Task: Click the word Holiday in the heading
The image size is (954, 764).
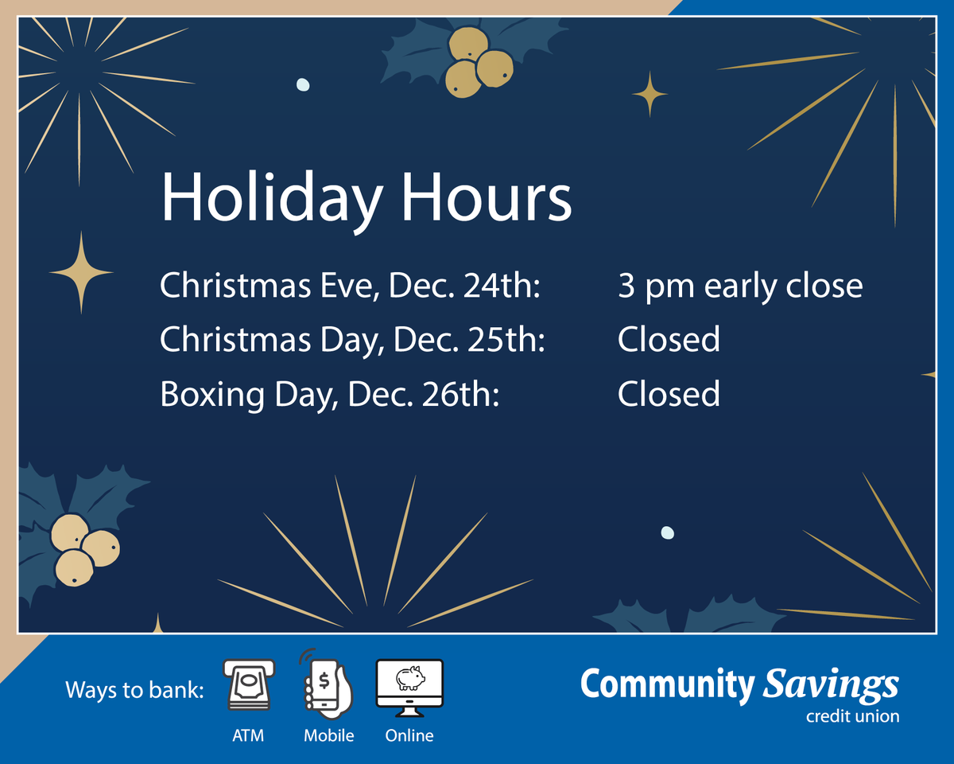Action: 271,200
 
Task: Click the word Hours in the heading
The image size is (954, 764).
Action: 487,197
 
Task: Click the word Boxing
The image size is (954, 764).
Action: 212,396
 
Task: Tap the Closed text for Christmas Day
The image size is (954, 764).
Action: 669,339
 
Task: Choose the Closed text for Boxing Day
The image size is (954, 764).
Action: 669,394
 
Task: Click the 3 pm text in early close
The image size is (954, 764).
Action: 656,287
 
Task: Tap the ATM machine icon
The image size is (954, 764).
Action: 249,685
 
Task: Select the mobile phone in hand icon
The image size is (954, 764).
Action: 327,684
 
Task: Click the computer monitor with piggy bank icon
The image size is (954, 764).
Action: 409,688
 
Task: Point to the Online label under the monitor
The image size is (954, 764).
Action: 409,735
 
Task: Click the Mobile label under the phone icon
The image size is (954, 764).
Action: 329,735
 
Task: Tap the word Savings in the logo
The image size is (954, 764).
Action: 831,686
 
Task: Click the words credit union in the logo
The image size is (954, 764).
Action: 852,716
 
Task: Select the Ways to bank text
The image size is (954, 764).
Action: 135,690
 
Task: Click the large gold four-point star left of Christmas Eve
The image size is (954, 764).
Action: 81,272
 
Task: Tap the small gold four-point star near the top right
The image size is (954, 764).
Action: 650,94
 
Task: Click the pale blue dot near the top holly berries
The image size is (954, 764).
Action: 303,84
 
